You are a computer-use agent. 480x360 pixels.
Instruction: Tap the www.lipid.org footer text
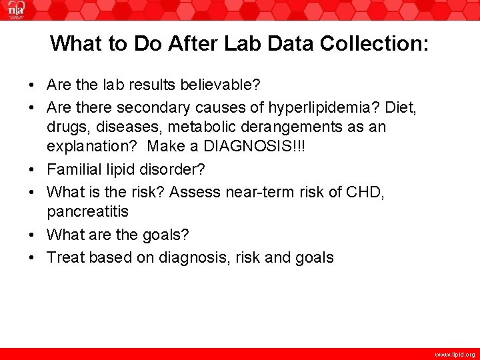click(455, 355)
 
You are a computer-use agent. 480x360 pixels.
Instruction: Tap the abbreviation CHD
click(363, 192)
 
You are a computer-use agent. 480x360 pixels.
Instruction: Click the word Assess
click(195, 192)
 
